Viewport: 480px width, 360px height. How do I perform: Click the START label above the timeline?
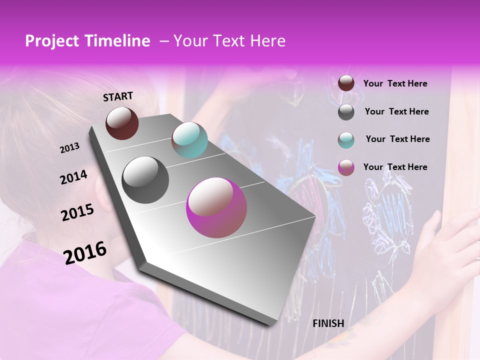pos(118,96)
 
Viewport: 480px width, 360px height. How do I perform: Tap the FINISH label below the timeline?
pos(328,323)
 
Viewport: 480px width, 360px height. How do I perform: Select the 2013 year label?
pos(70,147)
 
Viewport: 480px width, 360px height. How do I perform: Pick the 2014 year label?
pos(73,177)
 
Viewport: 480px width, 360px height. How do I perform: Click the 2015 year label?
pos(77,212)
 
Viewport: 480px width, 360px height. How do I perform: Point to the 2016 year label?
pos(85,252)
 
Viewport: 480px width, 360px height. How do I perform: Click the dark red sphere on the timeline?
pos(122,123)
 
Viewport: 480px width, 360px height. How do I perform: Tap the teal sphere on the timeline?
pos(189,140)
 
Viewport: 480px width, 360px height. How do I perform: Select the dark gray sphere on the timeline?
pos(145,180)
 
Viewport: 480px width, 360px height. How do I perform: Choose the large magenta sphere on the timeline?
pos(216,207)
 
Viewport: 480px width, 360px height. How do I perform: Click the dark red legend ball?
pos(346,83)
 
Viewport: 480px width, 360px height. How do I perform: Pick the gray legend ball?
pos(346,112)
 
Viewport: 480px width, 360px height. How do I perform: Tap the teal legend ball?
pos(346,140)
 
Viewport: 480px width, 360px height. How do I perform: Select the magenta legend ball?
pos(346,167)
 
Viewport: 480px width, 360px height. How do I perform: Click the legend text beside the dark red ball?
pos(395,83)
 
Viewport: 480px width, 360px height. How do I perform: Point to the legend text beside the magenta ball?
pos(395,167)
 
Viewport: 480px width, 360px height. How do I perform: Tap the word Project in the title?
pos(51,41)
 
